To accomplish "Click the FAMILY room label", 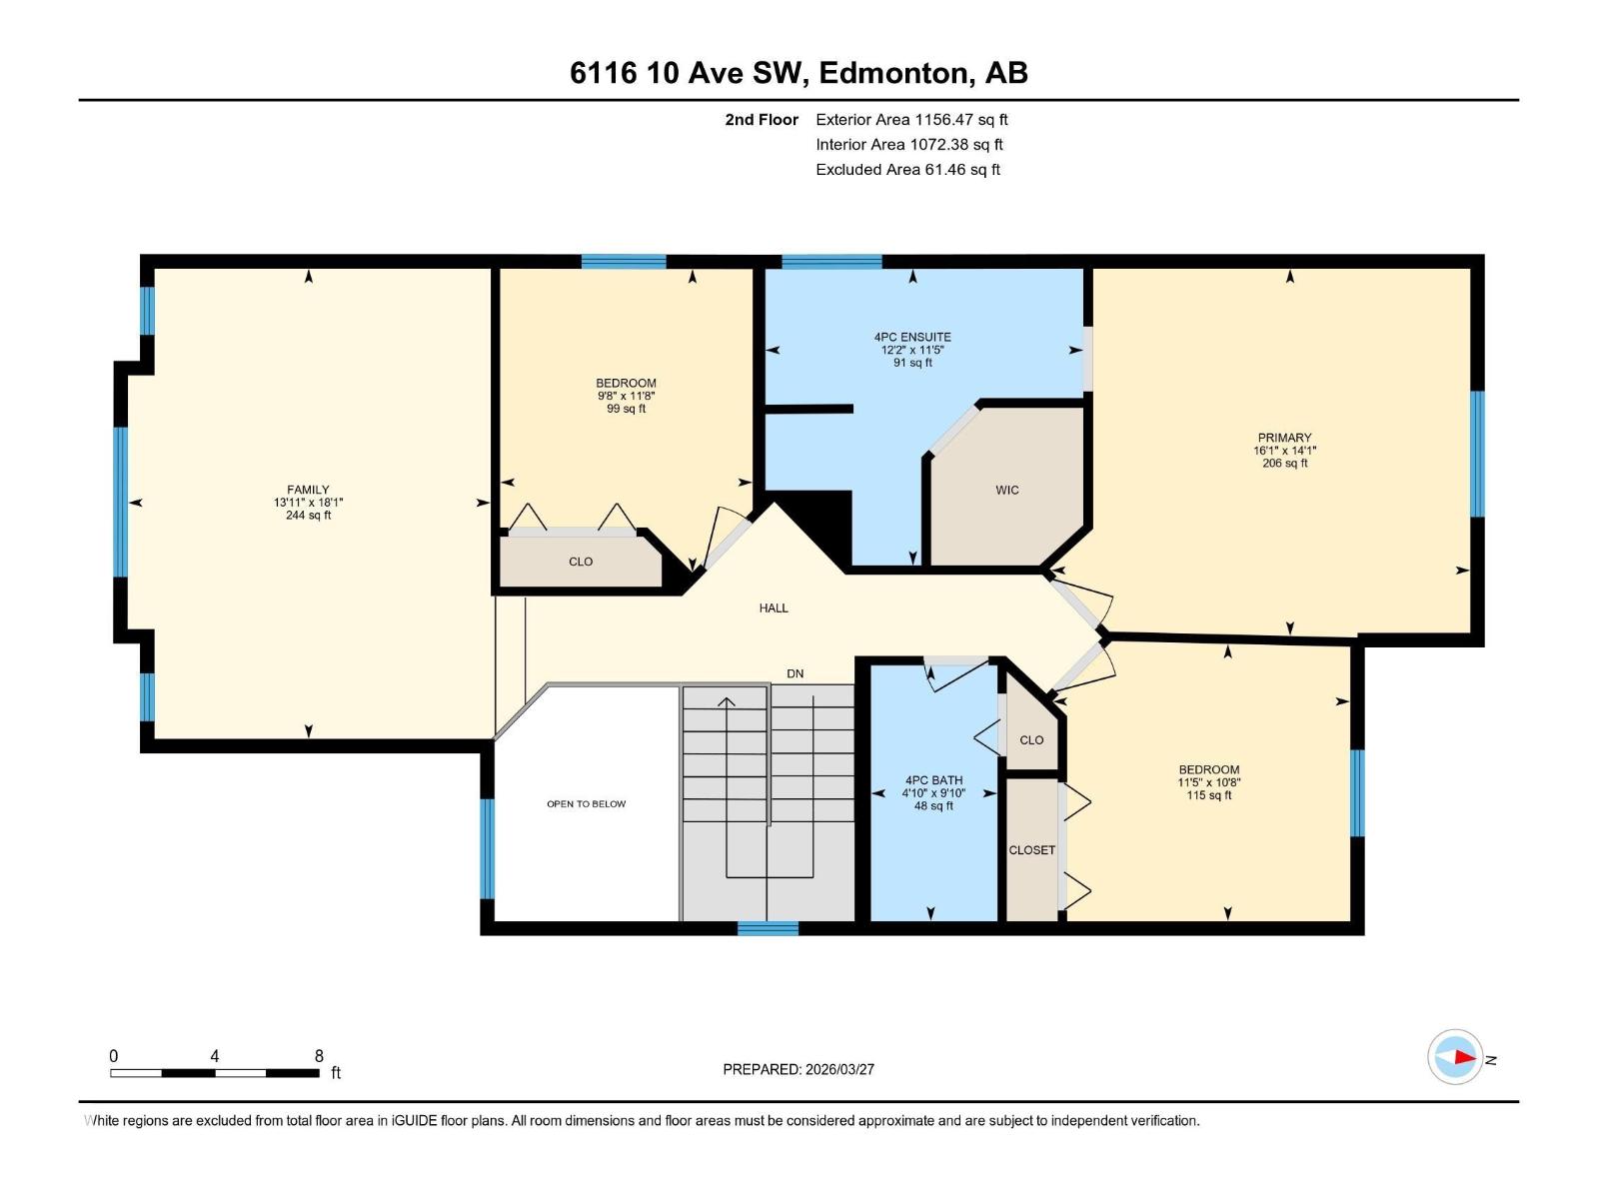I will coord(308,491).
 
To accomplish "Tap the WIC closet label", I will coord(1006,490).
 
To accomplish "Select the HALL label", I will coord(773,607).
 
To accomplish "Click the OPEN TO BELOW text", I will coord(586,803).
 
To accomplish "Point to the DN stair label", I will coord(795,673).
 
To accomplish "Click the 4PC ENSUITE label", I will coord(911,338).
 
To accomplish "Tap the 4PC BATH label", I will coord(933,780).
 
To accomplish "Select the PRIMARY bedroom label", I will coord(1284,438).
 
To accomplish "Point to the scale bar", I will coord(214,1073).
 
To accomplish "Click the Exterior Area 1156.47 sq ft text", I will coord(910,120).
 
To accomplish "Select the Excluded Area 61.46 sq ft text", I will coord(906,170).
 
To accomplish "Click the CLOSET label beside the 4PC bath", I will coord(1031,850).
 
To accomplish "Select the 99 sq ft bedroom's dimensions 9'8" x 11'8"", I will coord(626,396).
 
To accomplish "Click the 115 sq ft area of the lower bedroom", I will coord(1208,795).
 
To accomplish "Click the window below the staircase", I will coord(768,928).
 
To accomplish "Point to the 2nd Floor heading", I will coord(762,120).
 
